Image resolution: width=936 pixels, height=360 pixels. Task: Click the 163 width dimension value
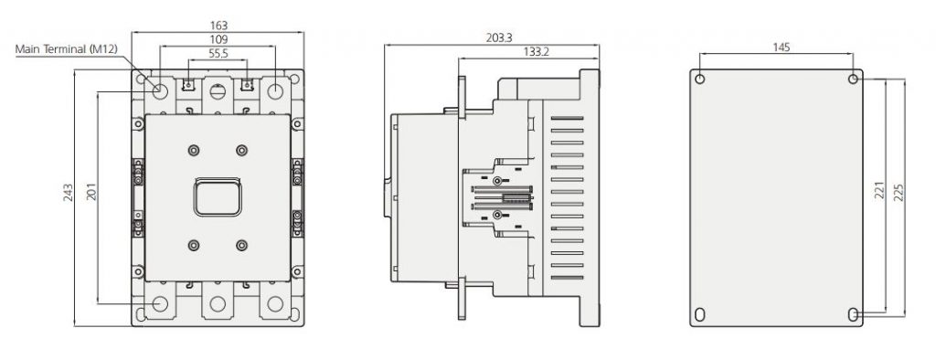tap(218, 26)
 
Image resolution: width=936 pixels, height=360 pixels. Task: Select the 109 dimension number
tap(218, 40)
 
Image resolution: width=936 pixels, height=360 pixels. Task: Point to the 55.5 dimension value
tap(218, 56)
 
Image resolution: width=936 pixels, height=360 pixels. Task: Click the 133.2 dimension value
tap(536, 52)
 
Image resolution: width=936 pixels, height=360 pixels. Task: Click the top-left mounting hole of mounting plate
tap(700, 79)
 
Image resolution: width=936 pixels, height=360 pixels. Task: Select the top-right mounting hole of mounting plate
tap(853, 79)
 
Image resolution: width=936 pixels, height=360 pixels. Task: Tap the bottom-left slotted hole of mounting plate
tap(700, 313)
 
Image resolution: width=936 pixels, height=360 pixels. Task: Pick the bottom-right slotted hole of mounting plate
tap(853, 313)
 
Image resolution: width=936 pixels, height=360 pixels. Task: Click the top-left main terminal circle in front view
tap(160, 91)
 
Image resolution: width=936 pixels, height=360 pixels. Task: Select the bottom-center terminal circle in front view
tap(218, 304)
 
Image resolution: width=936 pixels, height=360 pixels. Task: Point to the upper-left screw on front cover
tap(193, 150)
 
